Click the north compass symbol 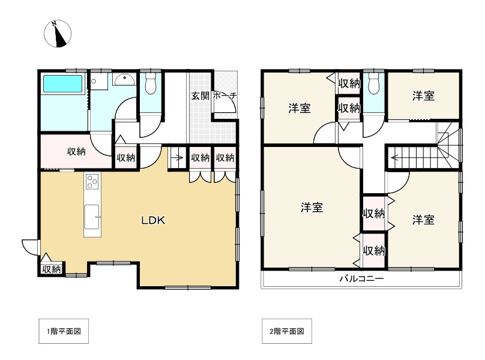[x=58, y=34]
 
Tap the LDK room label [x=154, y=220]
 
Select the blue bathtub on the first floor [x=63, y=83]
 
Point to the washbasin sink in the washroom [x=124, y=79]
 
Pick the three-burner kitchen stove [x=92, y=181]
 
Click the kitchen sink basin [x=92, y=217]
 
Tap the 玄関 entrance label [x=200, y=96]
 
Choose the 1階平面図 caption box [x=64, y=331]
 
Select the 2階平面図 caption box [x=287, y=331]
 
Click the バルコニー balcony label [x=361, y=278]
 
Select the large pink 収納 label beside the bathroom [x=76, y=152]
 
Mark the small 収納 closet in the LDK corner [x=52, y=269]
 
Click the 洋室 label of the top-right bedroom [x=423, y=96]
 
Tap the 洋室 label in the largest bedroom [x=312, y=207]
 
